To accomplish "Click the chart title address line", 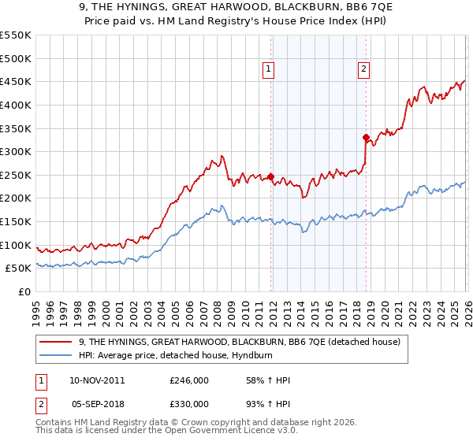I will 236,9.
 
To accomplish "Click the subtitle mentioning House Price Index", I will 236,22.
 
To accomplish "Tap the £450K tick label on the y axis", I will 16,81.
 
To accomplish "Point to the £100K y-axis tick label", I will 16,245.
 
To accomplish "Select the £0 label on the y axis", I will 25,291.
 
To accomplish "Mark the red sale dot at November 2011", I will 270,177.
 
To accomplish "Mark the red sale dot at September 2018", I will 366,138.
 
